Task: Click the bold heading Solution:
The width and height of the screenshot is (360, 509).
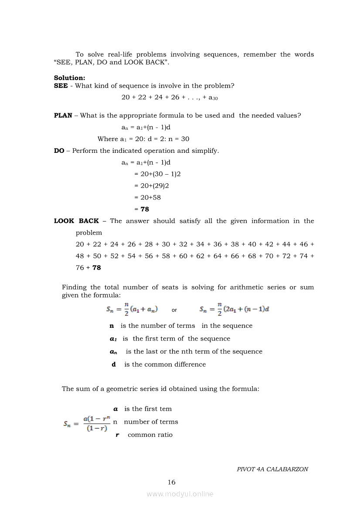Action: coord(69,78)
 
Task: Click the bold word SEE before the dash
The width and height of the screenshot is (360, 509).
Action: coord(61,86)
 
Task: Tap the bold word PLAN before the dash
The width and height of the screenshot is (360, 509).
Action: coord(63,115)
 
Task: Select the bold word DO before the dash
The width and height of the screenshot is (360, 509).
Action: coord(59,151)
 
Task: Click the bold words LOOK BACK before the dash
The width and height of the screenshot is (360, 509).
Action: coord(76,221)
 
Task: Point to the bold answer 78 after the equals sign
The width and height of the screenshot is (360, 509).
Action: coord(145,209)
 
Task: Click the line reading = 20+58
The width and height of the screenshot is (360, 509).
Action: coord(147,197)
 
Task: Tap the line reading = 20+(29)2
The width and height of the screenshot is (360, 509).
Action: coord(151,185)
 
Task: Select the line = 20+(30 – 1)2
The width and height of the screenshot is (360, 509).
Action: coord(157,174)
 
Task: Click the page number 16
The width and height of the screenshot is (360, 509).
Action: coord(172,482)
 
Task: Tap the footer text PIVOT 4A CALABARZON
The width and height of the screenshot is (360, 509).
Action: coord(272,469)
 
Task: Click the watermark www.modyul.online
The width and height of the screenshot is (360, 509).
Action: coord(180,494)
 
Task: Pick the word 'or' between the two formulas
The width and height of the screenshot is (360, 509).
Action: coord(174,310)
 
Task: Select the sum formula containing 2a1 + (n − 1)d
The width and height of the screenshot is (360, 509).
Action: coord(234,310)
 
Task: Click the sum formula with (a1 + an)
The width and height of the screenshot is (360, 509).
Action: coord(132,310)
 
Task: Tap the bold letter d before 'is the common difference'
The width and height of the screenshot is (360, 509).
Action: coord(114,364)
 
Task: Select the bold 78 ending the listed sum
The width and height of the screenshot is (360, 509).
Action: coord(96,268)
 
